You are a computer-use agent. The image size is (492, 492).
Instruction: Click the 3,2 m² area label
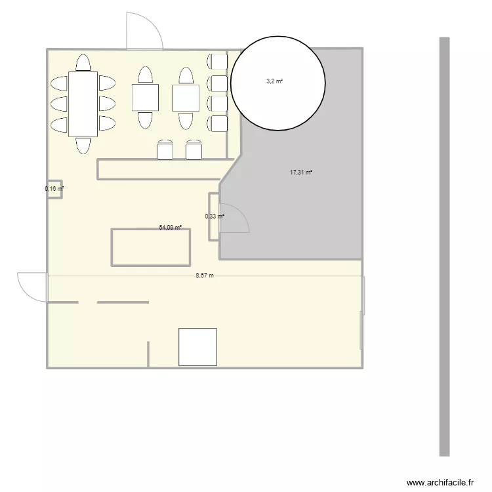[x=275, y=81]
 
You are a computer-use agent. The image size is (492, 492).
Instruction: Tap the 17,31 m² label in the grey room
[x=301, y=173]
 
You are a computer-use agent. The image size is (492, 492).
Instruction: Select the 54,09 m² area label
[x=171, y=227]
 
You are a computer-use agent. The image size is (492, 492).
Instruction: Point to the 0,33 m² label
[x=215, y=216]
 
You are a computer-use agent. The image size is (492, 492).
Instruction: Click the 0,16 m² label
[x=54, y=188]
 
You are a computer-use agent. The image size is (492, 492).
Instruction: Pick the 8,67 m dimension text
[x=205, y=276]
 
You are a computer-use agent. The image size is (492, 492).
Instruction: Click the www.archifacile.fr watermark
[x=440, y=482]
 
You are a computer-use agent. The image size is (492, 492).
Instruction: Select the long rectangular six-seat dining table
[x=83, y=104]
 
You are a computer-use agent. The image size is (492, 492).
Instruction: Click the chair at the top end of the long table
[x=83, y=62]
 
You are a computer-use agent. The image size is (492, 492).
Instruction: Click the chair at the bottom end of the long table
[x=83, y=146]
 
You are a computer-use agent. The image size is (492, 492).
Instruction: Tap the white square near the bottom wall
[x=197, y=347]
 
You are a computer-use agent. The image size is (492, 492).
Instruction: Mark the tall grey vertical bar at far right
[x=444, y=247]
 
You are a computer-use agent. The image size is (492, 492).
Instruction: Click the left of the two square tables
[x=145, y=98]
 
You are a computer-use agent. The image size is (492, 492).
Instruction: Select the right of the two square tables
[x=186, y=98]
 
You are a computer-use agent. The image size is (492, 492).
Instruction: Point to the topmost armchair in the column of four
[x=217, y=62]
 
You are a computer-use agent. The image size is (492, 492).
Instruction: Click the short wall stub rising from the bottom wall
[x=148, y=354]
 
